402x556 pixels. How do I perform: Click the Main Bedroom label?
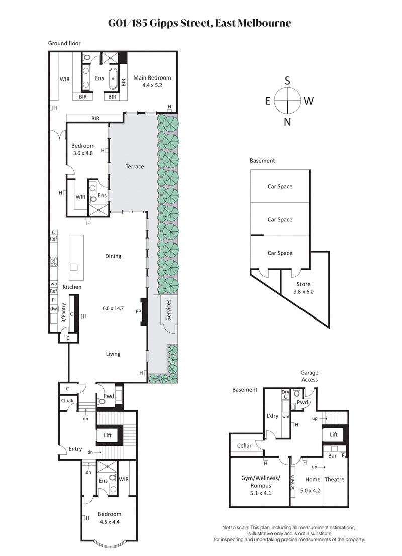tap(152, 78)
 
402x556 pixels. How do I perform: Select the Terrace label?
tap(134, 166)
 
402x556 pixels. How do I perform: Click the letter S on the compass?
tap(287, 81)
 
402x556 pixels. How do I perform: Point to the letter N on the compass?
tap(287, 122)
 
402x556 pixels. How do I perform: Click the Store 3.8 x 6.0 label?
tap(303, 287)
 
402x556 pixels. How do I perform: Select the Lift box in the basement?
tap(334, 434)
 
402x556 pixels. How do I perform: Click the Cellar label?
tap(244, 446)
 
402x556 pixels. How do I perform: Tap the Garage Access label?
tap(309, 376)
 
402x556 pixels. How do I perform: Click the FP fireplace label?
tap(138, 312)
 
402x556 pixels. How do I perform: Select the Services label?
tap(169, 310)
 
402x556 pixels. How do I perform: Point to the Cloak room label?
tap(67, 400)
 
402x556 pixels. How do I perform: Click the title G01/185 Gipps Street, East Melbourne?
tap(200, 23)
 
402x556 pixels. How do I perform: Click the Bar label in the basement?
tap(332, 456)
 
